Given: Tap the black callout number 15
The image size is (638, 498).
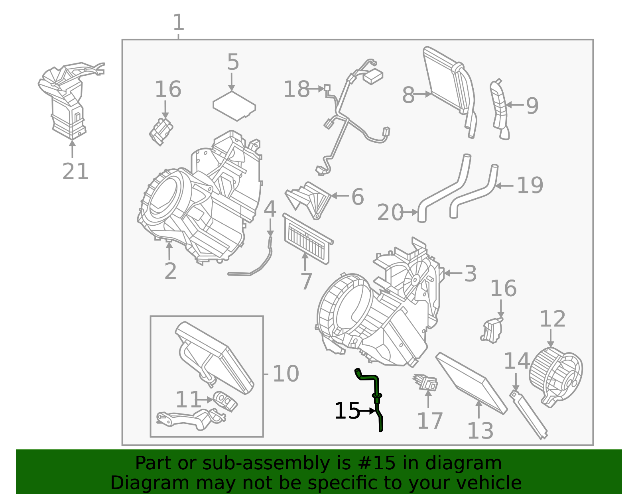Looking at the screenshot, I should point(347,411).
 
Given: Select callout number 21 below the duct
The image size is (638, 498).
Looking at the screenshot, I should point(75,172).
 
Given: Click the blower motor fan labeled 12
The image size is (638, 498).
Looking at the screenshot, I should point(555,375).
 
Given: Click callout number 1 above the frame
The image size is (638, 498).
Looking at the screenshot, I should point(178,23).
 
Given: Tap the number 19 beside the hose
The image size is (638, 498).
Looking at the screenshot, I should point(530,185).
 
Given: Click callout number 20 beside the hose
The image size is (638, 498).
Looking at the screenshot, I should point(390,213).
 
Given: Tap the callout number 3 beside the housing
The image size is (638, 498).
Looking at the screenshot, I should point(471,274).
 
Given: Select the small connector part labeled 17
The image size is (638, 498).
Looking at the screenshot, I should point(426,382).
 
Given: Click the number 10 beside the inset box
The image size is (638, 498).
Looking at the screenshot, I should point(286,374).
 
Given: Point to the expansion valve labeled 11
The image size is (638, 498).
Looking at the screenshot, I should point(225,400).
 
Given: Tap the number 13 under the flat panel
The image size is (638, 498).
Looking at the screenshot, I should point(480,431).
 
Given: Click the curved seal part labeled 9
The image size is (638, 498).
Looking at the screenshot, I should point(500,110).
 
